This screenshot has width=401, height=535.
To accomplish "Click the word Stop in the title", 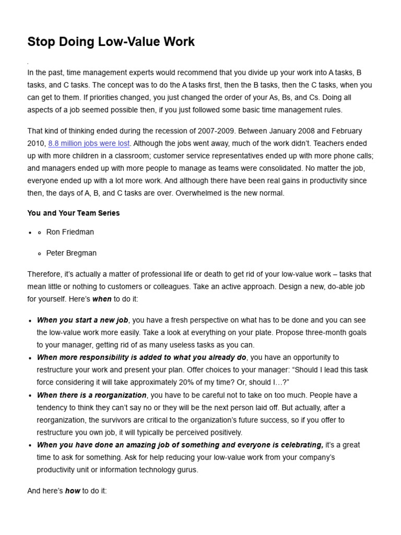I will [x=40, y=42].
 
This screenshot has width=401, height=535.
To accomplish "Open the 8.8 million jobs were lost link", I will [x=89, y=143].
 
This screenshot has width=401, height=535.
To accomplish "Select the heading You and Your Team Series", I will [x=74, y=213].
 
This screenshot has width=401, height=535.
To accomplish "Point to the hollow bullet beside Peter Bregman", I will [x=40, y=253].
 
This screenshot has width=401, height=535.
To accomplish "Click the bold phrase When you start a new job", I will [x=82, y=320].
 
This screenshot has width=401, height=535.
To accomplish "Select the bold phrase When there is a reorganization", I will [x=91, y=395].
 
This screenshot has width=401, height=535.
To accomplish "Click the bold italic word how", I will [x=73, y=491].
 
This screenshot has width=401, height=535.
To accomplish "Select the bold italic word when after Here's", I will [x=102, y=299].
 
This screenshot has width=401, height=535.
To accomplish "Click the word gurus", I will [x=187, y=470].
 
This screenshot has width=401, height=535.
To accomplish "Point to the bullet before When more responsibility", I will [x=31, y=358].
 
